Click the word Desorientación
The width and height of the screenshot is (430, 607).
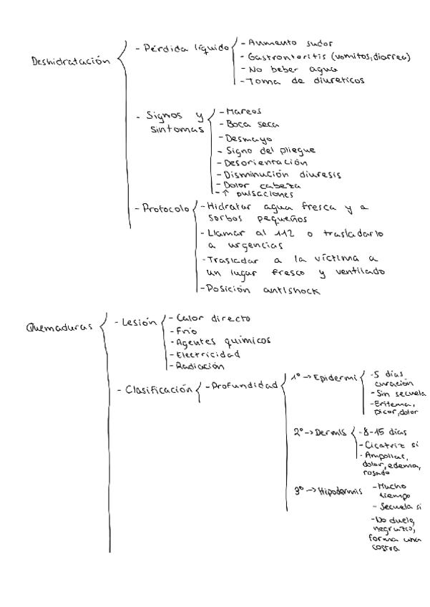coord(260,162)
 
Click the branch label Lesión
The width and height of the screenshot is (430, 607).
coord(137,324)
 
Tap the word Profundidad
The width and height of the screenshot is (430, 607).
coord(244,386)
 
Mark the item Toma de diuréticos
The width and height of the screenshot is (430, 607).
coord(295,81)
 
